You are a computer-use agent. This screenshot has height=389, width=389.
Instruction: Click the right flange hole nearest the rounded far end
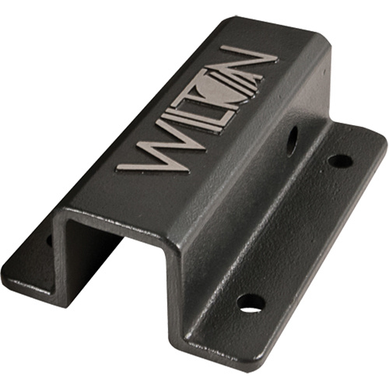pos(340,161)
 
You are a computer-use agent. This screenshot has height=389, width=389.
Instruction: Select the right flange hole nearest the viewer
pos(250,303)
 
